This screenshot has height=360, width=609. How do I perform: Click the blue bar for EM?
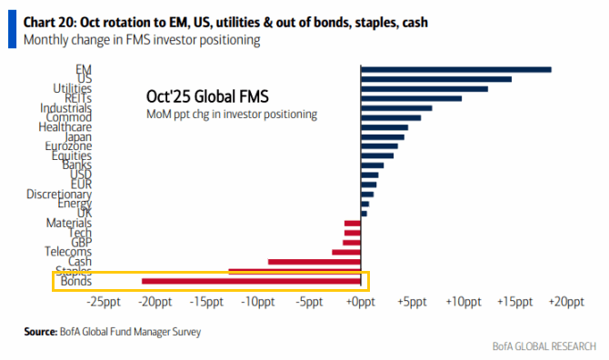(456, 69)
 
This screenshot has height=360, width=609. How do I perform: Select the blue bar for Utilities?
(424, 88)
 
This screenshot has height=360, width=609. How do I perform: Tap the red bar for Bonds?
(252, 281)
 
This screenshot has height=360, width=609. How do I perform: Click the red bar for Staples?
(295, 271)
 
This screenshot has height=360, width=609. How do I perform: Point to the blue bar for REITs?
(412, 98)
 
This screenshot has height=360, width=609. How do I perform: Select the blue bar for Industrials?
(396, 108)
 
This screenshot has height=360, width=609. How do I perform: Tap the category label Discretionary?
(59, 194)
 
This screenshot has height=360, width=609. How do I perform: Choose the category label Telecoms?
(68, 251)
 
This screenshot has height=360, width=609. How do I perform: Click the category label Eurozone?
(69, 146)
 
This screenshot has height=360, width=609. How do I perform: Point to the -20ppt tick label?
(156, 302)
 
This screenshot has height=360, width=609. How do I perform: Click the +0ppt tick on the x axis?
(362, 302)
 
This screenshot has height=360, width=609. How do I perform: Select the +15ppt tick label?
(514, 302)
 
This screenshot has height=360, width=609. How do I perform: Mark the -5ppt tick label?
(310, 302)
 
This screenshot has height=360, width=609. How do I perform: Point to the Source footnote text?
(113, 332)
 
